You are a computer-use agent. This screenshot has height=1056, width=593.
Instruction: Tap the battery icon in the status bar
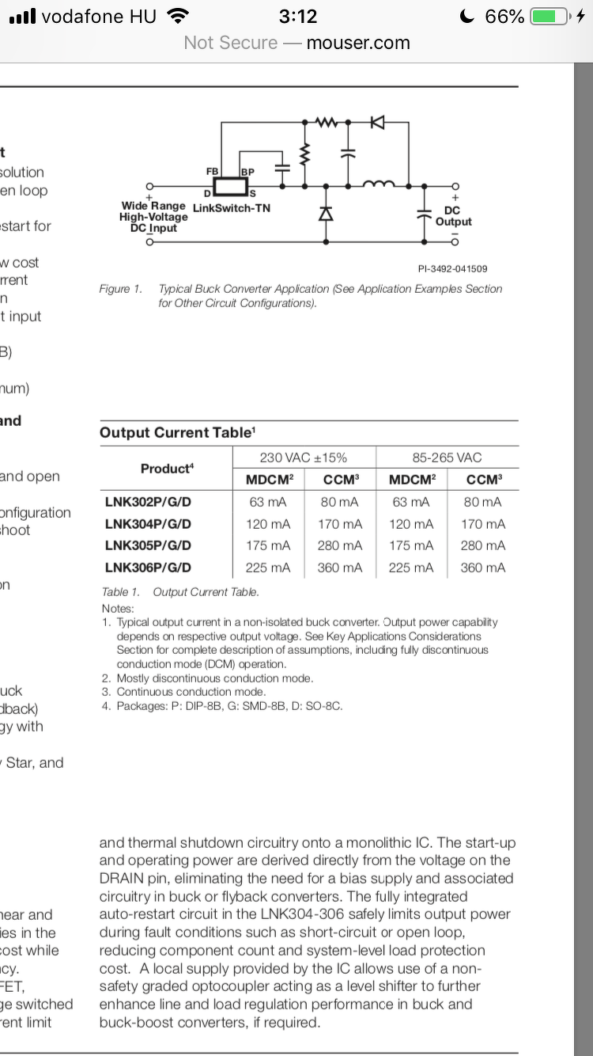coord(550,17)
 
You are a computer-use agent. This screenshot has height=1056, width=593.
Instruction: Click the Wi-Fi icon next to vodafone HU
coord(179,16)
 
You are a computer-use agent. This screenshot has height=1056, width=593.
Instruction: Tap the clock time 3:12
coord(298,17)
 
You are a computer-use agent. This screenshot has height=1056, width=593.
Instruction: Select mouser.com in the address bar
coord(358,43)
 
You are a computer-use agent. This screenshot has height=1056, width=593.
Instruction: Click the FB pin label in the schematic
coord(212,171)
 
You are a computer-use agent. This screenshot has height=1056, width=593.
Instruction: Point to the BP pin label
coord(247,171)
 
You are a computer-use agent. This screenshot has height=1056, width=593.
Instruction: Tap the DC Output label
coord(453,216)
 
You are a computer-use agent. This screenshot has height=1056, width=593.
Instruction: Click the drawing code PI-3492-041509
coord(453,269)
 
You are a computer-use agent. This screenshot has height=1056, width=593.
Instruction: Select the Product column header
coord(166,469)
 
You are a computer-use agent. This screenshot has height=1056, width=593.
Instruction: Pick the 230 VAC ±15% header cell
coord(304,458)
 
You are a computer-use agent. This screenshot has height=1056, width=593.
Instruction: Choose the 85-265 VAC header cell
coord(447,458)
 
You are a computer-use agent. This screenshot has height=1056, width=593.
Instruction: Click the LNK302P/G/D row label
coord(148,502)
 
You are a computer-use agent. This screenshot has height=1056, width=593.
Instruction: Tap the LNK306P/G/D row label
coord(148,568)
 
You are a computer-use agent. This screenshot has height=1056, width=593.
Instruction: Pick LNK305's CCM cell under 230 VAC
coord(340,545)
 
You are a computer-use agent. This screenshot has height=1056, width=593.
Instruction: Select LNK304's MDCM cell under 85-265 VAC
coord(411,524)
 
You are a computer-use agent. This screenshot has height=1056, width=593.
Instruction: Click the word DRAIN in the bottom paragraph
coord(126,879)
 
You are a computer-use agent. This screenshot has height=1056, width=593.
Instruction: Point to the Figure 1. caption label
coord(120,289)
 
